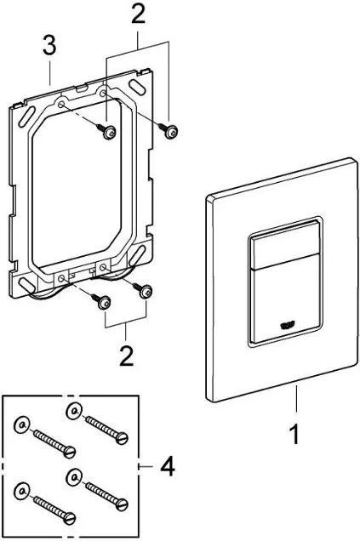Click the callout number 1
pyautogui.click(x=294, y=435)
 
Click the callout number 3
pyautogui.click(x=49, y=45)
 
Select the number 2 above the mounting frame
pyautogui.click(x=138, y=14)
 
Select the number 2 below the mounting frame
pyautogui.click(x=126, y=356)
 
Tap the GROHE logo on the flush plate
pyautogui.click(x=287, y=325)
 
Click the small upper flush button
pyautogui.click(x=285, y=245)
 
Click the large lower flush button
pyautogui.click(x=285, y=299)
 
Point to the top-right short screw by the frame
pyautogui.click(x=169, y=130)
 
